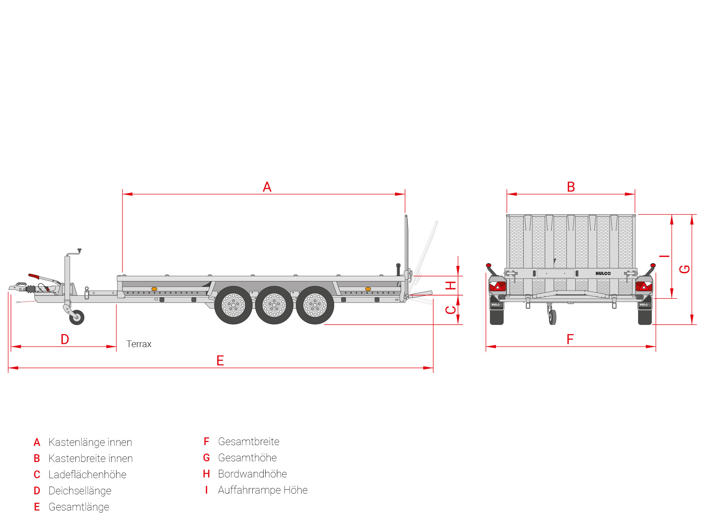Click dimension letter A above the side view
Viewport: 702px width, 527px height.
click(x=267, y=187)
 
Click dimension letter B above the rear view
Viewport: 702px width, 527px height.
click(x=571, y=187)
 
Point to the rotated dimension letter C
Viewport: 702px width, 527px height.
click(x=451, y=310)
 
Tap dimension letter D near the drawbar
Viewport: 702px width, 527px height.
click(x=65, y=339)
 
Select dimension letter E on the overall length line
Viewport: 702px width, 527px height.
click(x=220, y=361)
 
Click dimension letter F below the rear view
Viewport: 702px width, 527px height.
click(x=570, y=339)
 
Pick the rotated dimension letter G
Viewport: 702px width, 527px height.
click(x=684, y=269)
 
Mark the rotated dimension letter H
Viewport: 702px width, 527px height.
click(x=451, y=285)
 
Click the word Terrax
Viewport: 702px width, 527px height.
click(x=139, y=344)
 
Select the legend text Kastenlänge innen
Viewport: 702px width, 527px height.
click(x=90, y=442)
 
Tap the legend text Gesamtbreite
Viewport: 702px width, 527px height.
click(x=249, y=442)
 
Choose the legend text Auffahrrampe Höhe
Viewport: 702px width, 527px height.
click(x=263, y=490)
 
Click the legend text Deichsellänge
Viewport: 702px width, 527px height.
click(x=80, y=491)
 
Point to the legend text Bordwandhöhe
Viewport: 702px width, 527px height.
click(x=252, y=474)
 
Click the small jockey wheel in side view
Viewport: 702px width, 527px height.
click(x=77, y=317)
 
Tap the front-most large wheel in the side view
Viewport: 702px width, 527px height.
click(x=233, y=305)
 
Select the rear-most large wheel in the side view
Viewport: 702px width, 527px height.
click(x=315, y=305)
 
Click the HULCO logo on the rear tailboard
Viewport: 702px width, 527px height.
click(x=603, y=273)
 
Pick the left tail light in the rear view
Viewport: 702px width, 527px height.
click(x=497, y=286)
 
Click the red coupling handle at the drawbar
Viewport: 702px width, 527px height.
click(x=34, y=276)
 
